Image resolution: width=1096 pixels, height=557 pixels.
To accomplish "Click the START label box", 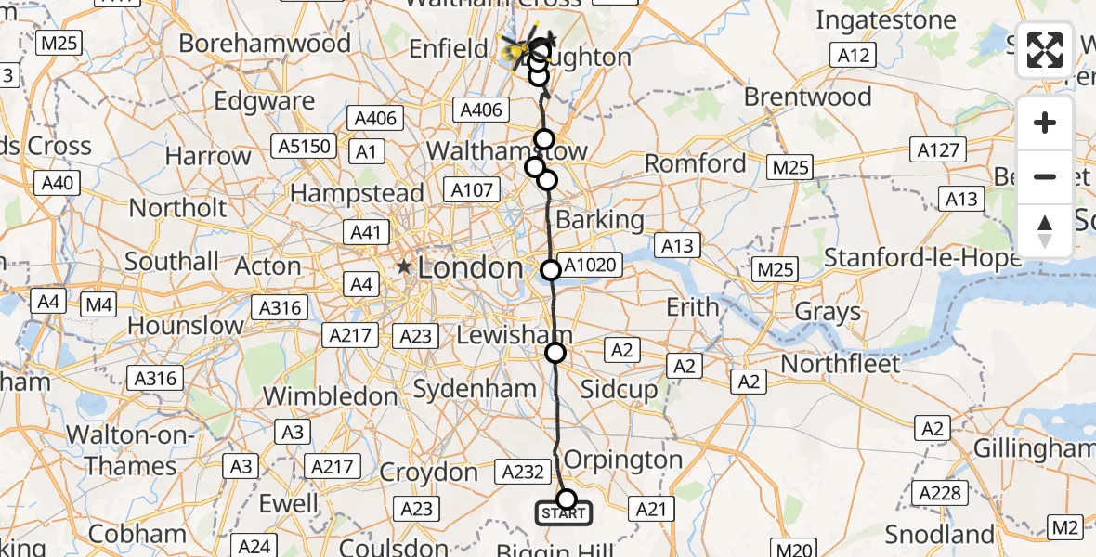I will click(564, 513).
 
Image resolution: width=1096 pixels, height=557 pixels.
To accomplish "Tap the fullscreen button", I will click(1045, 50).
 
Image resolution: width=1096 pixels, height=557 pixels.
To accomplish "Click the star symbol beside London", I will click(405, 267).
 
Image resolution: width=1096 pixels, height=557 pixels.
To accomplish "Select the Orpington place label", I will click(623, 460).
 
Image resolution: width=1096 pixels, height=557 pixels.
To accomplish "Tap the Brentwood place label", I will click(807, 97).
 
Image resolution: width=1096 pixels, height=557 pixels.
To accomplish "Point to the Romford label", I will click(696, 163).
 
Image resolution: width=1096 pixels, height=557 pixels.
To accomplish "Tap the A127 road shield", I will click(941, 149).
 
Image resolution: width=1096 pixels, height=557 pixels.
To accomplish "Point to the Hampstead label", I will click(358, 193).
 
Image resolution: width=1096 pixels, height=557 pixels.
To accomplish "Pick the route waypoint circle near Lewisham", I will click(555, 353).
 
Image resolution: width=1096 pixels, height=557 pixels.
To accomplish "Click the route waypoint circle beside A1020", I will click(551, 270).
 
